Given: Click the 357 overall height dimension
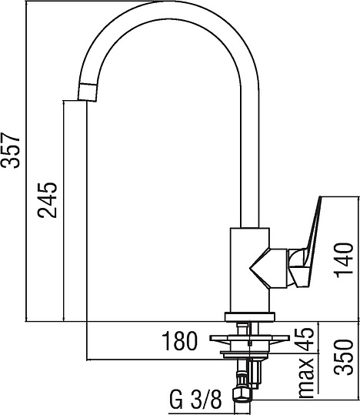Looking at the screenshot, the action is [11, 150].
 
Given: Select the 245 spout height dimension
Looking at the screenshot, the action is [47, 200].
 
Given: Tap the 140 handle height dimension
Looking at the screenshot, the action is [344, 260].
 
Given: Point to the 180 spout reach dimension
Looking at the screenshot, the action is [180, 341].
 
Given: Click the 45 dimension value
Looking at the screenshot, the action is [305, 339].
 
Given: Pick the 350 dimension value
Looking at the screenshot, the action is [344, 357].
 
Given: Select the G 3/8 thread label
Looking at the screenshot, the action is [195, 400].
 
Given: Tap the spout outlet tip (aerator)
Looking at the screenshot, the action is [87, 92].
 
